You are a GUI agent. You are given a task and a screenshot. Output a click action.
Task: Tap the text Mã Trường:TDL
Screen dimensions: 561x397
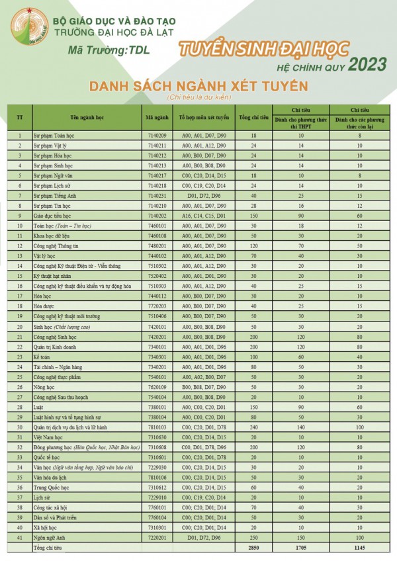pos(109,50)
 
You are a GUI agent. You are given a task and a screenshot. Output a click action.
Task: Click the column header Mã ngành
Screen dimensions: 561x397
pos(156,117)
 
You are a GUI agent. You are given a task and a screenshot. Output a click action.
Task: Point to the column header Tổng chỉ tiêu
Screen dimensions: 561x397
pos(253,117)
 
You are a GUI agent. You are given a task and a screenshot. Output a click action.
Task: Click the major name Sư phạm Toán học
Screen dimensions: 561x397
pos(54,135)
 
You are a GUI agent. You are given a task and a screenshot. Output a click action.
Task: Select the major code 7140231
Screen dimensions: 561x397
pos(156,196)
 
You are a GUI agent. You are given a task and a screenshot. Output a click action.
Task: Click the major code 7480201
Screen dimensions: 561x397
pos(156,245)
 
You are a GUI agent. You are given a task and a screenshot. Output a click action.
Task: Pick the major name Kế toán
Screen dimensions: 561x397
pos(43,357)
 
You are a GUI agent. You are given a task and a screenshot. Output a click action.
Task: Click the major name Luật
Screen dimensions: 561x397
pos(40,407)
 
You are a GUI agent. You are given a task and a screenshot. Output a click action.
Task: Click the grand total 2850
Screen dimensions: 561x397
pos(253,548)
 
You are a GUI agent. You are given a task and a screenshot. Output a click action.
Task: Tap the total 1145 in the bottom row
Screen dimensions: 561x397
pos(359,548)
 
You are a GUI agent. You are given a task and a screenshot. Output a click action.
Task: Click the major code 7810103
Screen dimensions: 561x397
pos(156,427)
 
